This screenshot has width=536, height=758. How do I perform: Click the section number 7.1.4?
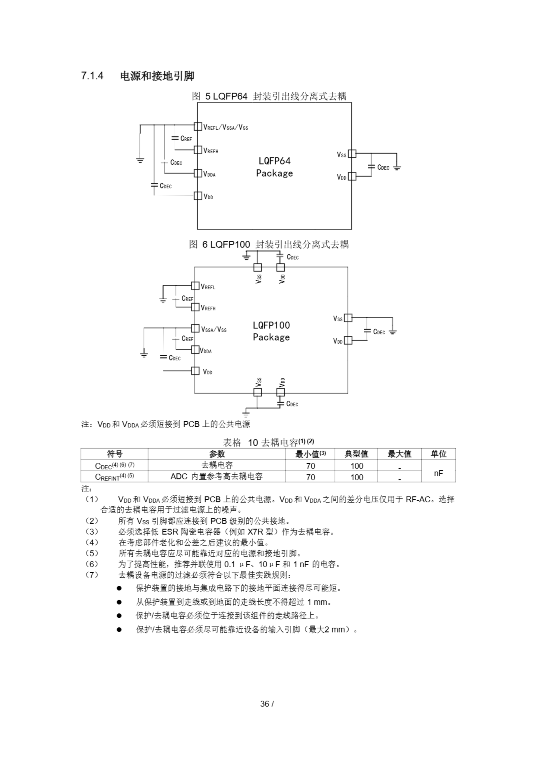tap(92, 76)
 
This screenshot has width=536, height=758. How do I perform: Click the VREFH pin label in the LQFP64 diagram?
tap(211, 151)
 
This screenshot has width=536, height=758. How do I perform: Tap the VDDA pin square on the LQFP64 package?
tap(198, 173)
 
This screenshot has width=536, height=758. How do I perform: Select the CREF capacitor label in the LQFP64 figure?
tap(186, 139)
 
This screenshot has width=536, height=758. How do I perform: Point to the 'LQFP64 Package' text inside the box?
tap(274, 167)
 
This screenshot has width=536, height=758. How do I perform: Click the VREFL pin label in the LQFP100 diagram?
tap(208, 287)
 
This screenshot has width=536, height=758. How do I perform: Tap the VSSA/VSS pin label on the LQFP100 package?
tap(214, 330)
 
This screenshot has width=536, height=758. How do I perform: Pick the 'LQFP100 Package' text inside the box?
tap(271, 331)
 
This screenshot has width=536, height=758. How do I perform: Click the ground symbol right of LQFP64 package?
tap(397, 168)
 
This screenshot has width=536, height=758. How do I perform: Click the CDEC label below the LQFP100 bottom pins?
tap(292, 404)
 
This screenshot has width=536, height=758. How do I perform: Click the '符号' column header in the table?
tap(114, 454)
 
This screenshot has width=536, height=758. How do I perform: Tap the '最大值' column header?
tap(399, 454)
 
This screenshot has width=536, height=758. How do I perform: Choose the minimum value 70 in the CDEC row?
tap(310, 466)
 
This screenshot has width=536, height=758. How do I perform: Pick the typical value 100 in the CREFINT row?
tap(356, 477)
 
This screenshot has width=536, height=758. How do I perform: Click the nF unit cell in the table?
tap(438, 473)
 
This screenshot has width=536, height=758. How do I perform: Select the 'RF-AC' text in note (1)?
tap(418, 499)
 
